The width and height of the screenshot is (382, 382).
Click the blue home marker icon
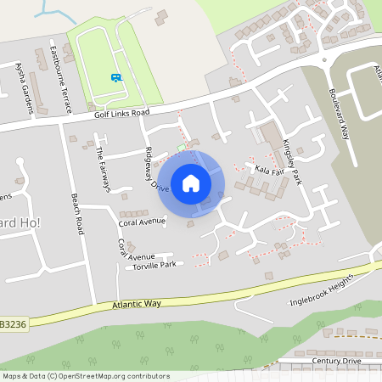(191, 183)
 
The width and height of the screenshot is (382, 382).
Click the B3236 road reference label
(12, 323)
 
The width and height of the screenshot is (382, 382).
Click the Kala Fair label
(267, 170)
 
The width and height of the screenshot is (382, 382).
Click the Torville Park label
(154, 267)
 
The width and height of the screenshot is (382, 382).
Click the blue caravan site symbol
(115, 76)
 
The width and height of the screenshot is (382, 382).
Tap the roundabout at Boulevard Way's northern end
(323, 61)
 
